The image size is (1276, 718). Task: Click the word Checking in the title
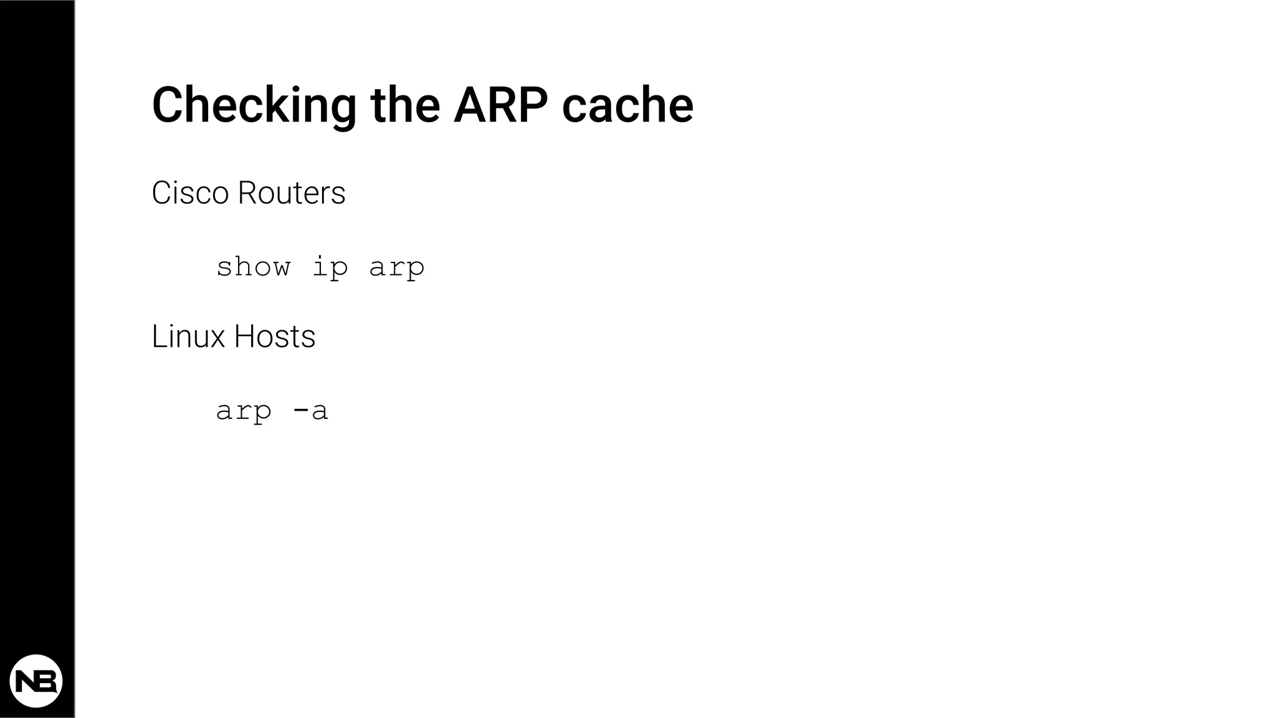coord(254,106)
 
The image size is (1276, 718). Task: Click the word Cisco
coord(190,193)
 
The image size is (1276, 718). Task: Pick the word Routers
coord(292,193)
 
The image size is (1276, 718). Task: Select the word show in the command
coord(253,267)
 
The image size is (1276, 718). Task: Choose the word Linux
coord(188,337)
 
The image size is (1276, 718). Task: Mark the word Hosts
coord(275,337)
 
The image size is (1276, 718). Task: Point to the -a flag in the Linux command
coord(310,410)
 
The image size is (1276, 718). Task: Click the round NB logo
coord(36,681)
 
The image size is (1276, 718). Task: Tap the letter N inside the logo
coord(26,681)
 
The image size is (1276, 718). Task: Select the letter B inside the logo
coord(47,681)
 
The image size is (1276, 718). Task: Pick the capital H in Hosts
coord(244,337)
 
